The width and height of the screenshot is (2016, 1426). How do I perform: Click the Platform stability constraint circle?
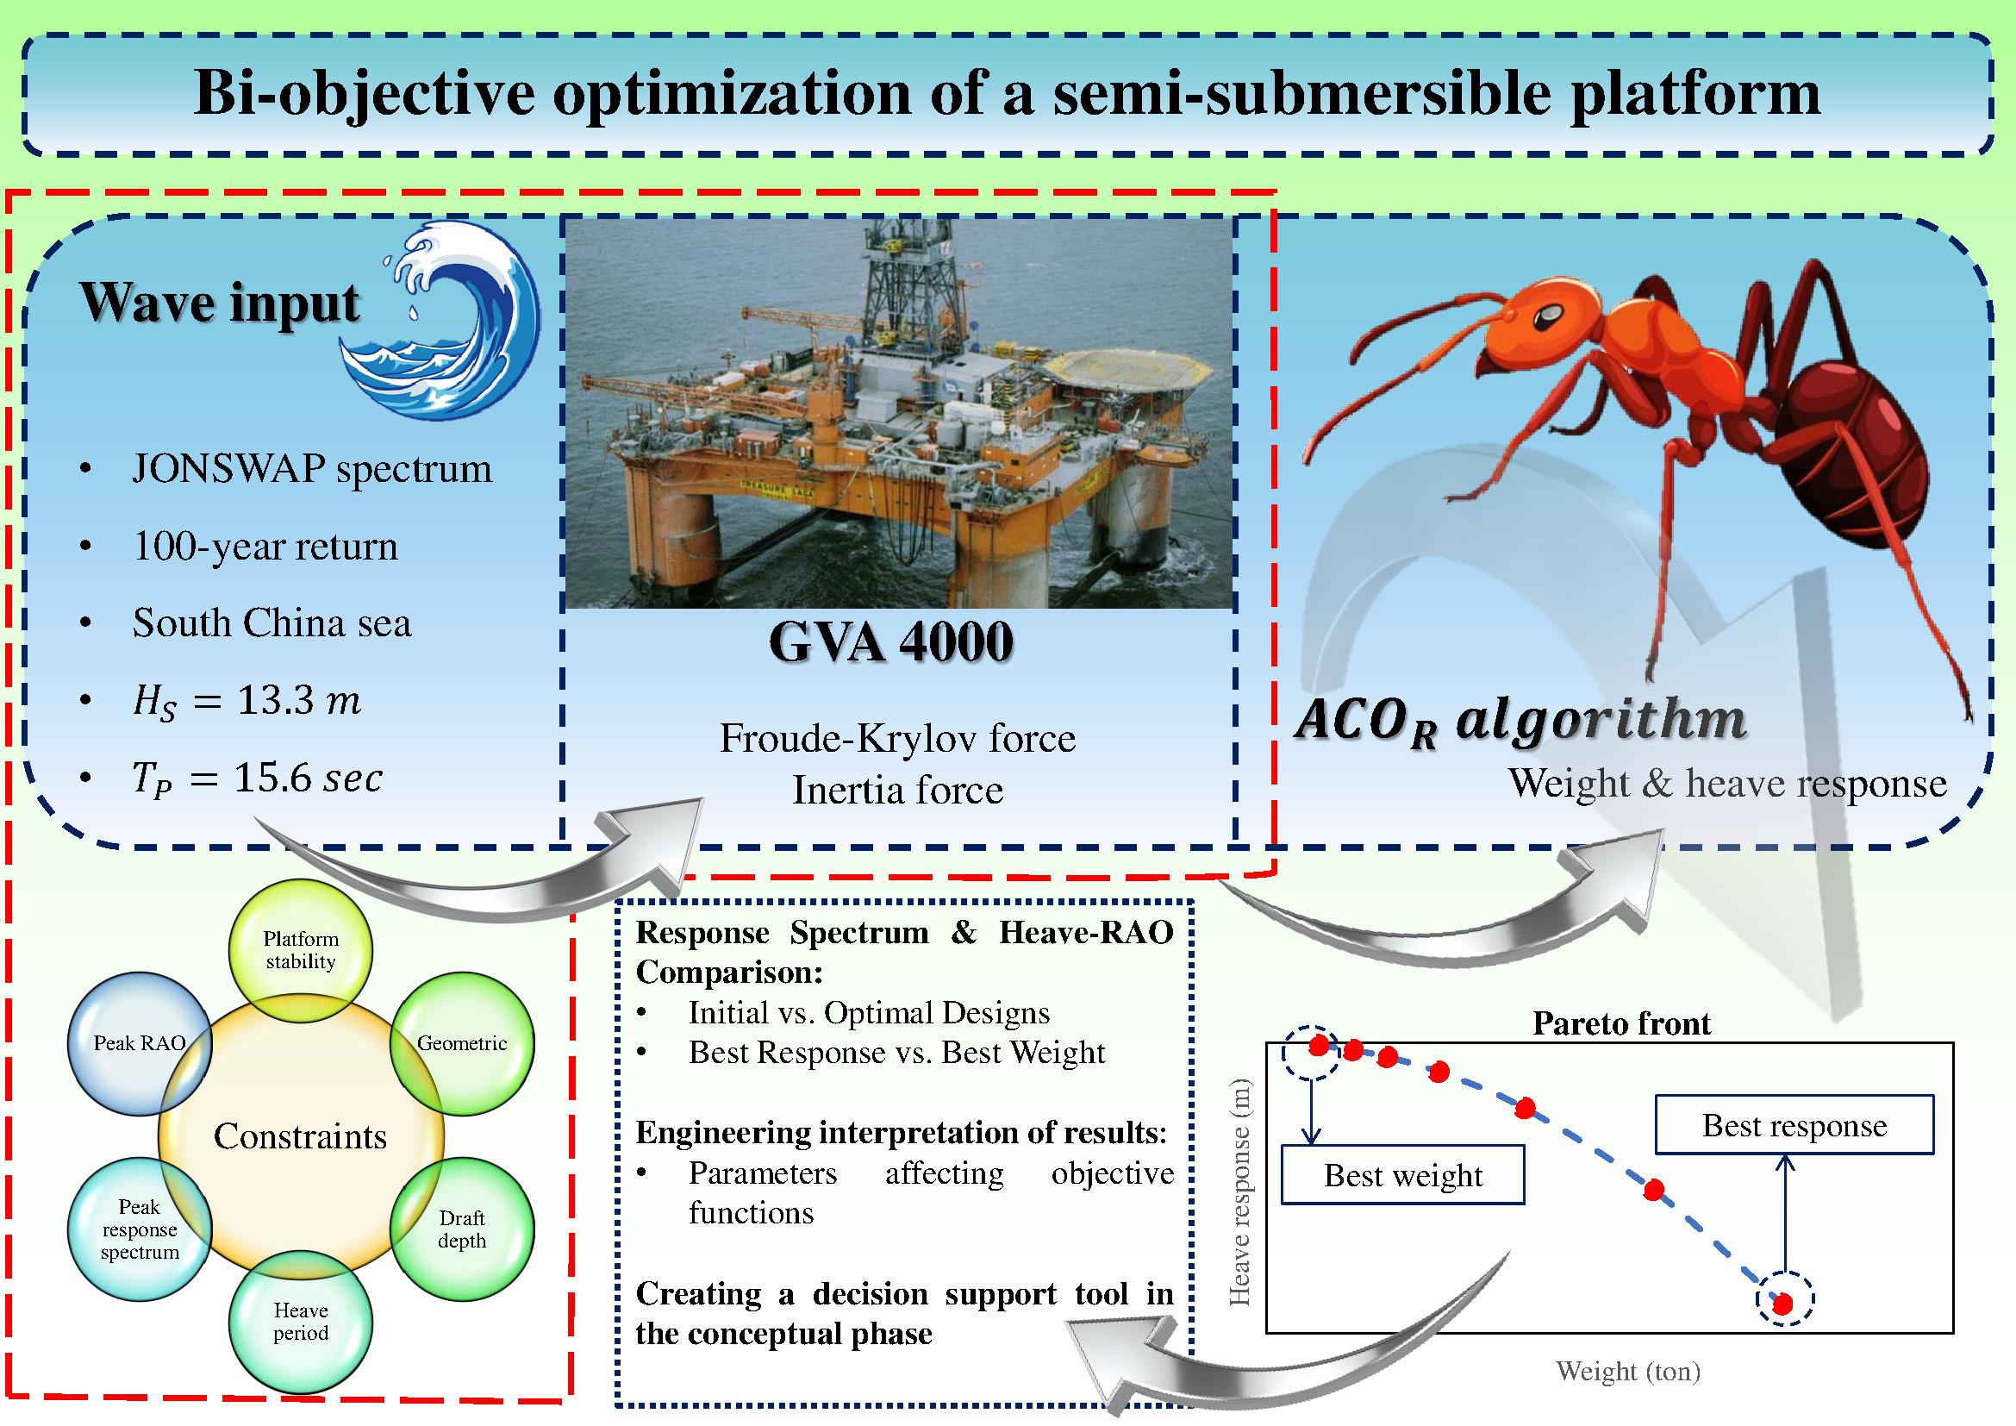tap(300, 950)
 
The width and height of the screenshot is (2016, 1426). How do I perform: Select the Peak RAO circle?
tap(140, 1043)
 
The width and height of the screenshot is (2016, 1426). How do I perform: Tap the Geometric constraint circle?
tap(462, 1043)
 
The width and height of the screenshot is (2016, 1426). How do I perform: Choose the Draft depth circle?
tap(462, 1229)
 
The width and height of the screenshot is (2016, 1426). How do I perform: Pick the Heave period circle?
tap(300, 1322)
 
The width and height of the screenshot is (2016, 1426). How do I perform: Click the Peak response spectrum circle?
tap(140, 1229)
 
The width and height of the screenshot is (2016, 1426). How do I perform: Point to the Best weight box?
tap(1402, 1175)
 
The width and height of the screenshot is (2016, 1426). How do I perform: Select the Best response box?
tap(1794, 1125)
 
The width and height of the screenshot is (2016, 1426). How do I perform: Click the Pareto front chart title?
tap(1621, 1023)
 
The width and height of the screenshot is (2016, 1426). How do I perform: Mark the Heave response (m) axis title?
tap(1239, 1192)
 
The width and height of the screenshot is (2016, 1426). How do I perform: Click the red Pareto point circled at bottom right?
tap(1783, 1304)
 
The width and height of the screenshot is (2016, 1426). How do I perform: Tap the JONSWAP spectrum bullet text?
tap(312, 469)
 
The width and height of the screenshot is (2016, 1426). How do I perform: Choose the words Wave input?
tap(220, 303)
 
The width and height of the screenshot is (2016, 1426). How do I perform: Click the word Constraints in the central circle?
tap(300, 1137)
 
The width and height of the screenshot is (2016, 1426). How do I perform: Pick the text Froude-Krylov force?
tap(897, 739)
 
